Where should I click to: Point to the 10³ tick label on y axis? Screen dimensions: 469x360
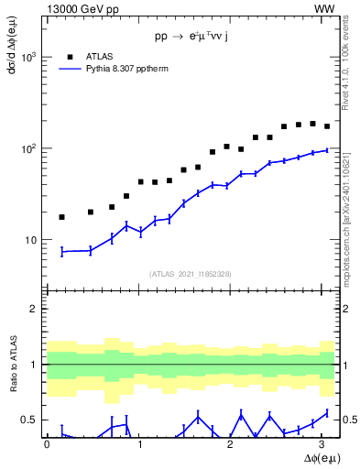30,57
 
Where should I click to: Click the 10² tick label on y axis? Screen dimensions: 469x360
30,148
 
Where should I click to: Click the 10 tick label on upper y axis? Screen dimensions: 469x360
33,240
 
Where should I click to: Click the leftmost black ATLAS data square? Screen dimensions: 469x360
61,217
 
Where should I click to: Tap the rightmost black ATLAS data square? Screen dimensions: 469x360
327,126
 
